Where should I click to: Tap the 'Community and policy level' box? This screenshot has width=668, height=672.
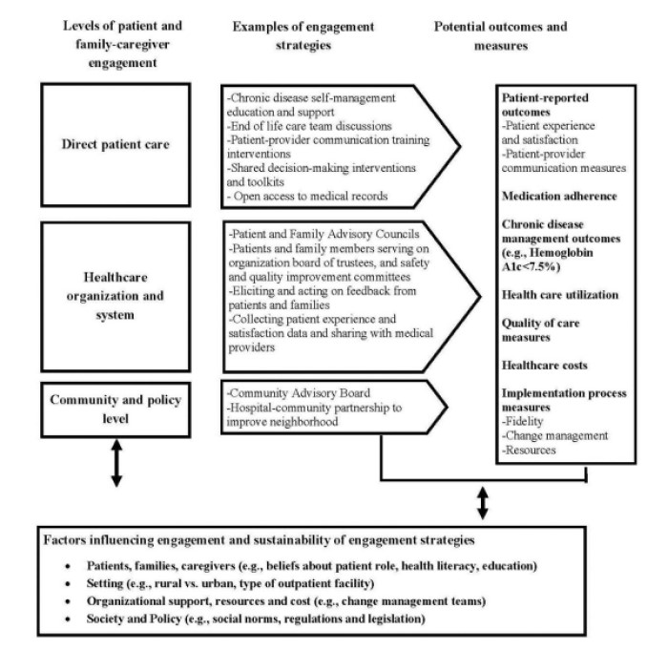click(115, 407)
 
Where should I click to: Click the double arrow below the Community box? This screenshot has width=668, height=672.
click(115, 463)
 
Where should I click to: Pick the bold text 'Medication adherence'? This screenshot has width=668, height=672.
click(560, 196)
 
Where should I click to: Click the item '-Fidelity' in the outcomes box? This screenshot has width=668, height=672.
click(527, 420)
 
